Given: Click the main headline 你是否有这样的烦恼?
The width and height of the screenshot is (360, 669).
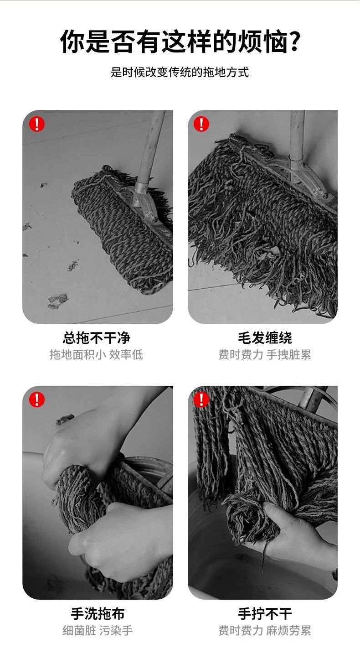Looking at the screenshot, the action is tap(180, 41).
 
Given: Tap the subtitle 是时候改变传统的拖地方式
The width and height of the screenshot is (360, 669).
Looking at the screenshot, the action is tap(180, 72).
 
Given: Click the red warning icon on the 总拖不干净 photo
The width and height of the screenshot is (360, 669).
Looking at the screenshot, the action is tap(37, 124).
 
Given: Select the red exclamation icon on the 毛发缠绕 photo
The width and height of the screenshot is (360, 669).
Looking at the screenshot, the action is tap(201, 124).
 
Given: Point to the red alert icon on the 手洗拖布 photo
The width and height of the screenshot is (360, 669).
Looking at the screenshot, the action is tap(37, 399).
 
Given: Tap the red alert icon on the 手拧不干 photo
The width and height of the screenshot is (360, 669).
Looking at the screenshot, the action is tap(201, 399).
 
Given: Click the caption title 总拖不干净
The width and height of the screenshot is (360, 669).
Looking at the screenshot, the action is tap(97, 338).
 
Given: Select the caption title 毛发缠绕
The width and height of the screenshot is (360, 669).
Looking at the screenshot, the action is tap(265, 338).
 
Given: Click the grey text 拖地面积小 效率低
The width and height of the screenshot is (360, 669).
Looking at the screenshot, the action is tap(96, 354).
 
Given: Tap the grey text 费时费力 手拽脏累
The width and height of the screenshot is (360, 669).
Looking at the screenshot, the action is tap(264, 354).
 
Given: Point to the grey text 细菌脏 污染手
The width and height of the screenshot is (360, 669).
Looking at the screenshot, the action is tap(98, 631).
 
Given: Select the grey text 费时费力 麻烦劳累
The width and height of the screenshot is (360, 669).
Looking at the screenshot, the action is tap(264, 631).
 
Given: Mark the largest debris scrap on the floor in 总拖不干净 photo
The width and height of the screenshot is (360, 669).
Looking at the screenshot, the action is tap(57, 301).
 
